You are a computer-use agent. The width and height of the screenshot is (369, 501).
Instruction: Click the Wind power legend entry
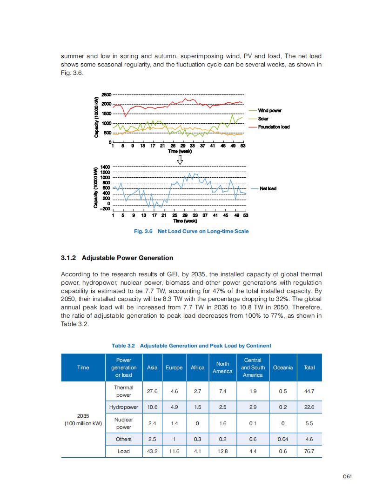click(269, 111)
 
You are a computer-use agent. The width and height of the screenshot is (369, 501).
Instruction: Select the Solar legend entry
click(263, 119)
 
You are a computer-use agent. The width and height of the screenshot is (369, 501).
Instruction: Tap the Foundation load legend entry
click(274, 127)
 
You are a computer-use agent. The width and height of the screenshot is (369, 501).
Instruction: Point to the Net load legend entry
click(268, 188)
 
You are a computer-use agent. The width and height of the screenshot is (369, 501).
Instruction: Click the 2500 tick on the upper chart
click(107, 94)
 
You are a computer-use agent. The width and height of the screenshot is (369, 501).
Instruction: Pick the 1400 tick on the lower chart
click(106, 167)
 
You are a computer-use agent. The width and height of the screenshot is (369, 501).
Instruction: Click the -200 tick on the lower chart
click(106, 209)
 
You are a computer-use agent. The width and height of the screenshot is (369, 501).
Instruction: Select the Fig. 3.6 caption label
click(143, 231)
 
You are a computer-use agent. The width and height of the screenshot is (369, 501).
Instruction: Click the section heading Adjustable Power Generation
click(117, 258)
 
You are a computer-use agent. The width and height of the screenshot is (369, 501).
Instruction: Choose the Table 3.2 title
click(191, 346)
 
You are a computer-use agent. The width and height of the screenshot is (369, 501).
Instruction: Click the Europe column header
click(174, 367)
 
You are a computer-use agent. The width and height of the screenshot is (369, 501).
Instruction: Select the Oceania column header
click(283, 367)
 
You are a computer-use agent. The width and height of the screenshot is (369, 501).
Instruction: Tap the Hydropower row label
click(124, 407)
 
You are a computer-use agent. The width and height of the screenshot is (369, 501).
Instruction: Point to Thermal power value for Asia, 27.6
click(152, 391)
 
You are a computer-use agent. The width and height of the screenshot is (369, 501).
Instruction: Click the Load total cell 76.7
click(309, 451)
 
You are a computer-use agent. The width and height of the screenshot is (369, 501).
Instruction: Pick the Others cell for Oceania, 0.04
click(283, 439)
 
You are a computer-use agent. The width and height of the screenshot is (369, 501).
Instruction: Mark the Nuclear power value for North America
click(222, 423)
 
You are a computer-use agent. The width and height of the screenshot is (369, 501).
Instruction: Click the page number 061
click(347, 476)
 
